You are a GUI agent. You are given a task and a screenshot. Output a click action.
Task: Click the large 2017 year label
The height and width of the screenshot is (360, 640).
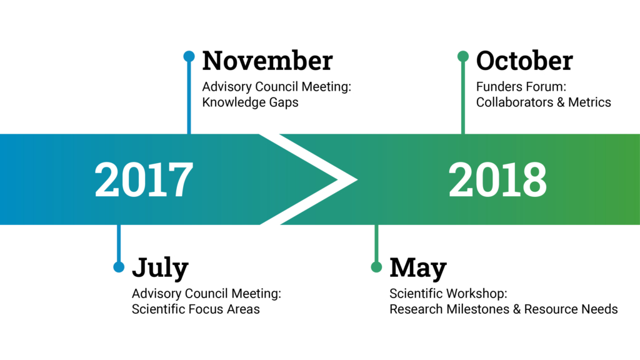point(144,179)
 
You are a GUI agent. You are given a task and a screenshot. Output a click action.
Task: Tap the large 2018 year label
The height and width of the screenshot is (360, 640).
point(497,179)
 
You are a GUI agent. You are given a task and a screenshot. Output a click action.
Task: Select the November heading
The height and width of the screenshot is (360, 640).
point(267,61)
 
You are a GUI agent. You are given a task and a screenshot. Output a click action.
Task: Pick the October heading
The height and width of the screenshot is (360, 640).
point(524,61)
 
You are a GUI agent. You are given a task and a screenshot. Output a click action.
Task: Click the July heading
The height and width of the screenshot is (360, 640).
point(161,268)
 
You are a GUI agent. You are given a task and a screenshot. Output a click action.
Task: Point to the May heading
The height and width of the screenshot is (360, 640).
point(418,268)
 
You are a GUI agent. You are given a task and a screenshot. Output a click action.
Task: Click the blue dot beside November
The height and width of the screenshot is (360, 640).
point(189,56)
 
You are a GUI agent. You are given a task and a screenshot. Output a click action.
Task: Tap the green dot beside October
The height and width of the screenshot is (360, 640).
point(463,56)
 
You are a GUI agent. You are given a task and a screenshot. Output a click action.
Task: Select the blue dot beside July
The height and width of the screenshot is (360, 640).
point(119,267)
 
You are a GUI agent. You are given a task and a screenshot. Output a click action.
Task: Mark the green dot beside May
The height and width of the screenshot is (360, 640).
point(376,267)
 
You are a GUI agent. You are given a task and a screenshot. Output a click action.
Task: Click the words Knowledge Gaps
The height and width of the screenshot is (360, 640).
point(250,102)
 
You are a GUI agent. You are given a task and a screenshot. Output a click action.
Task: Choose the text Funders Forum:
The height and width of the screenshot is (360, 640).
point(521,86)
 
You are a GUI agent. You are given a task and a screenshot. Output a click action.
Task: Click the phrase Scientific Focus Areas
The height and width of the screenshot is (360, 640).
point(196,309)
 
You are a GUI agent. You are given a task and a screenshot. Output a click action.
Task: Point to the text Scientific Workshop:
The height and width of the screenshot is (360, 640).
point(448,294)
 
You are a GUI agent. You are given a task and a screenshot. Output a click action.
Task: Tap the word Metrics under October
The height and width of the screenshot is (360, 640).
point(589,102)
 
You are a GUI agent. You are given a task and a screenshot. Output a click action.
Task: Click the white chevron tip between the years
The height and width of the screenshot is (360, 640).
point(357,179)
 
